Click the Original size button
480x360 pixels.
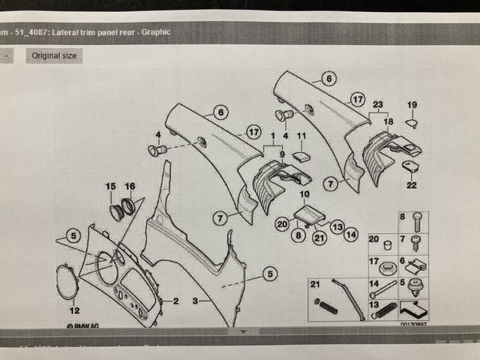(54, 55)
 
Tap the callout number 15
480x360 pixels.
(111, 186)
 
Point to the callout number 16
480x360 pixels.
(130, 186)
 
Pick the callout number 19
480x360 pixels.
(411, 104)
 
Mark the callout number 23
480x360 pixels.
(378, 104)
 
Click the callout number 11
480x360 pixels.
(301, 136)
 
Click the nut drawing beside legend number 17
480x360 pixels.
(388, 267)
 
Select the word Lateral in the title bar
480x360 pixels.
(82, 32)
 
